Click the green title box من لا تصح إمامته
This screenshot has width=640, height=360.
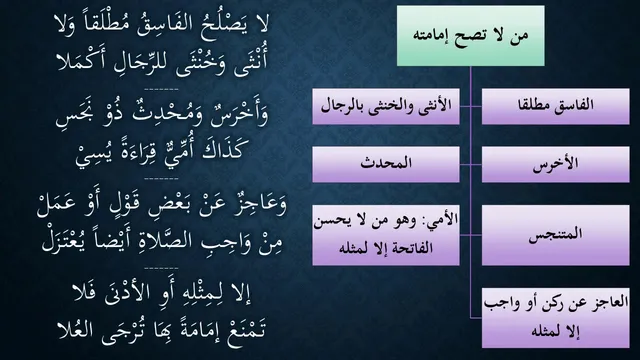point(471,36)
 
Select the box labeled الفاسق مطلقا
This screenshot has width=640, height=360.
point(556,106)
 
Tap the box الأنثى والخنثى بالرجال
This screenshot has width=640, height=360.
point(386,106)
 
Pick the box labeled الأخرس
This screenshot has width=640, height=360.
point(556,164)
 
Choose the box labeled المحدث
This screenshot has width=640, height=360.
point(386,164)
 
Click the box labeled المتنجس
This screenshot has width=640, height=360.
point(556,235)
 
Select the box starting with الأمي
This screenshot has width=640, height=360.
point(386,235)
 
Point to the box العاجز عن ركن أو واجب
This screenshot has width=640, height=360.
point(556,318)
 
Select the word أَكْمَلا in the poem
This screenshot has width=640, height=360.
point(79,62)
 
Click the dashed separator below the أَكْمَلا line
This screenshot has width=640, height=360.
point(161,89)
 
